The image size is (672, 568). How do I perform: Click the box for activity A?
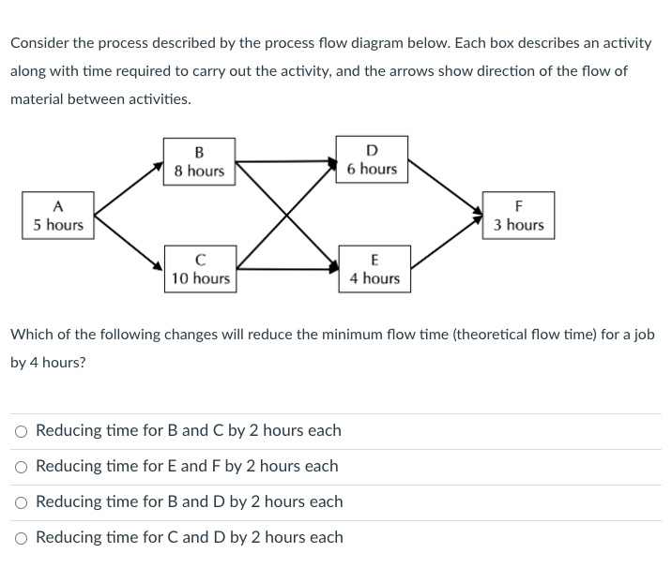coord(58,216)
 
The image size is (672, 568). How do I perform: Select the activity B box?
coord(199,161)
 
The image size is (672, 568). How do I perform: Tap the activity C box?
coord(200,269)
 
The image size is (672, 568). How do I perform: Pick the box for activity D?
coord(372,159)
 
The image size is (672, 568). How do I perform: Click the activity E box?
coord(374,269)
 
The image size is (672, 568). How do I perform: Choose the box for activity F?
coord(519,216)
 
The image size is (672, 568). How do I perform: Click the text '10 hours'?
coord(200,278)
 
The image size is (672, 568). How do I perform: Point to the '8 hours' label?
coord(199,171)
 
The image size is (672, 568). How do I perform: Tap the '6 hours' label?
coord(372,169)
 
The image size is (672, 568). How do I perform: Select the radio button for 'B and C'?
coord(21,432)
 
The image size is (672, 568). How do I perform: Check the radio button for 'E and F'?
coord(21,467)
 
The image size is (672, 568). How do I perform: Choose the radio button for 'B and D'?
coord(21,502)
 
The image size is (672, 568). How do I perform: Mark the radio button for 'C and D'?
coord(21,538)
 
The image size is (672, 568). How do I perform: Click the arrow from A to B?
coord(128,187)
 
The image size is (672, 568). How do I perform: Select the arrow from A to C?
coord(128,244)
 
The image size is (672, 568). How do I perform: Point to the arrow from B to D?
coord(286,161)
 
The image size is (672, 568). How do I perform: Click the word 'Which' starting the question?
coord(32,335)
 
